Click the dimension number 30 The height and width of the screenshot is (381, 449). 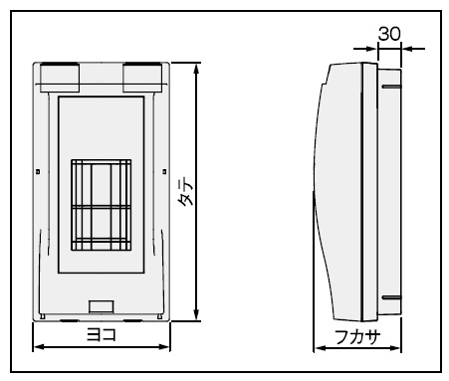[x=389, y=34]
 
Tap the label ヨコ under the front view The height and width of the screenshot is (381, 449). [x=102, y=334]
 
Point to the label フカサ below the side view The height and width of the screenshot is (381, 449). [x=357, y=337]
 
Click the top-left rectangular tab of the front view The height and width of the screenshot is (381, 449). [x=60, y=78]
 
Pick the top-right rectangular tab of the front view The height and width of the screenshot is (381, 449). [x=142, y=78]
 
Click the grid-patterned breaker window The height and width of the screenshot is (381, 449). [x=102, y=205]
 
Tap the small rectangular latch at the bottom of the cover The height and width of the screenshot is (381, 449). [x=102, y=306]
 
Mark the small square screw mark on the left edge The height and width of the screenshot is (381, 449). [x=38, y=172]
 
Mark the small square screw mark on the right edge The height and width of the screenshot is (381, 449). [x=164, y=172]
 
